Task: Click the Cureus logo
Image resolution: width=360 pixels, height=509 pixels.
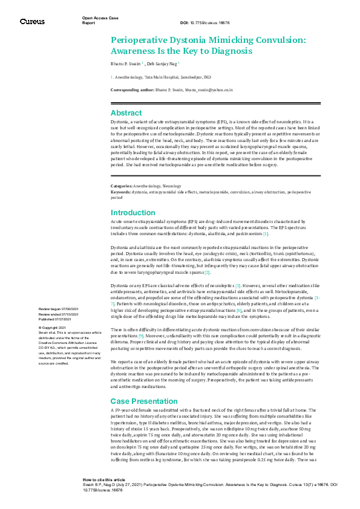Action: coord(32,21)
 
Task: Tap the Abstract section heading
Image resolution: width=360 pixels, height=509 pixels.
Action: coord(126,113)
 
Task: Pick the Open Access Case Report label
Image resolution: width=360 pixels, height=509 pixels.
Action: coord(100,19)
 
